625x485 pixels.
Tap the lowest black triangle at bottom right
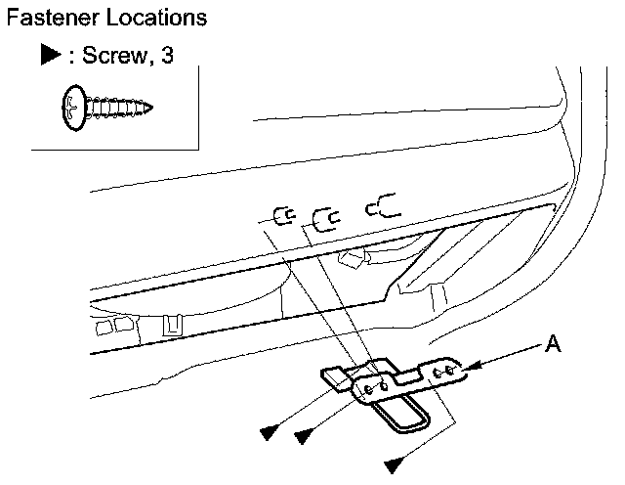pyautogui.click(x=393, y=462)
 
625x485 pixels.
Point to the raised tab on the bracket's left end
pyautogui.click(x=333, y=377)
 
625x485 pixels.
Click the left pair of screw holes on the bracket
pyautogui.click(x=376, y=387)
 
